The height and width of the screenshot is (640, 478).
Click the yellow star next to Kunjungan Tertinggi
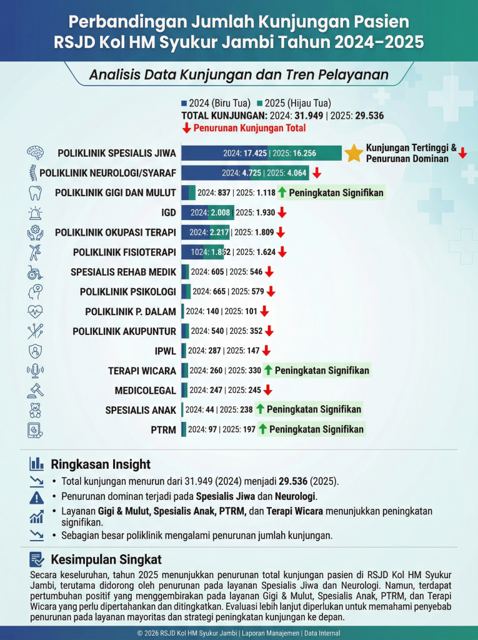[x=354, y=153]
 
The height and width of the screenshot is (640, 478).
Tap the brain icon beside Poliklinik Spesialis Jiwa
[x=35, y=153]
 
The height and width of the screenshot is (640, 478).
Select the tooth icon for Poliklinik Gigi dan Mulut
[x=35, y=192]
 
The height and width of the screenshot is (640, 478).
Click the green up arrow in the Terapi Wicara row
[x=268, y=370]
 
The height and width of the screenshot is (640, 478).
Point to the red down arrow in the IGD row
[x=282, y=212]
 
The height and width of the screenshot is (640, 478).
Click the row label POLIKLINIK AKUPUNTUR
[x=124, y=331]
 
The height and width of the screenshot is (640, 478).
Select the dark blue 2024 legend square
[x=184, y=103]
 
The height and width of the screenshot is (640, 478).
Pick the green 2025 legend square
[x=259, y=103]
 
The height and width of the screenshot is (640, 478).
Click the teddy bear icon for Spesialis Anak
[x=35, y=410]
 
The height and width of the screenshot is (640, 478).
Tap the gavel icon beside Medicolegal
[x=35, y=391]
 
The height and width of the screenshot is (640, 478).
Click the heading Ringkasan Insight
[x=101, y=464]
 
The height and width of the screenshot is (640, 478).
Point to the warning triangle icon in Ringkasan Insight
[x=36, y=497]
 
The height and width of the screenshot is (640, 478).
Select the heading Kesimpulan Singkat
[x=106, y=559]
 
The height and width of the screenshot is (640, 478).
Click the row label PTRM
[x=164, y=430]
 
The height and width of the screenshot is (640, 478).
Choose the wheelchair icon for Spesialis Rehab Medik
[x=35, y=272]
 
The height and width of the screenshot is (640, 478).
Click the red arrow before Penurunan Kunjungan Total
[x=186, y=128]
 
